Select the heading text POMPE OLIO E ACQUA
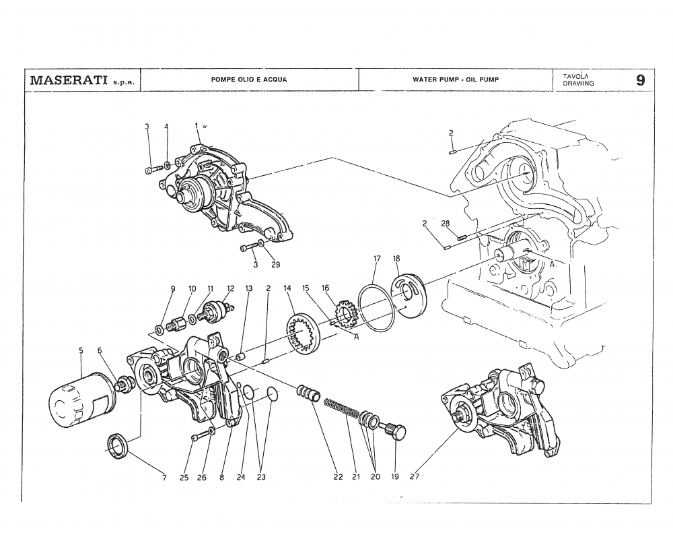tap(249, 80)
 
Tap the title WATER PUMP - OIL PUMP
tap(456, 80)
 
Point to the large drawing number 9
tap(640, 80)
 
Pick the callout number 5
tap(81, 350)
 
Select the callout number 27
tap(414, 477)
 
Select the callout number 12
tap(230, 288)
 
